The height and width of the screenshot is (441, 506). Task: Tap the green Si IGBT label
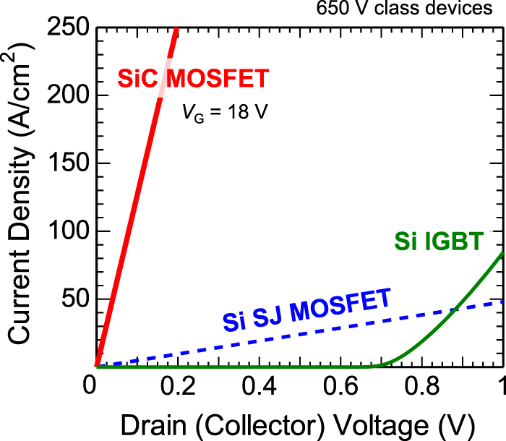(x=438, y=241)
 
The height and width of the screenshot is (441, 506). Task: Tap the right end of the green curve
(x=502, y=254)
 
